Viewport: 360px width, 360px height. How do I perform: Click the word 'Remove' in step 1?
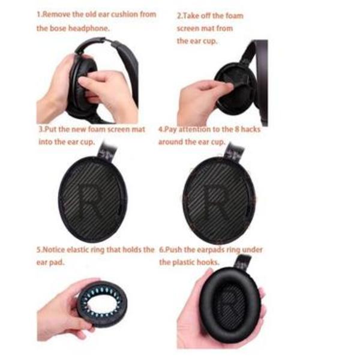pyautogui.click(x=56, y=14)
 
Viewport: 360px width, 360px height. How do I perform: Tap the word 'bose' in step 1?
pyautogui.click(x=58, y=28)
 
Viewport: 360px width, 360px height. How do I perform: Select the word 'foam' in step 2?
pyautogui.click(x=234, y=16)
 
